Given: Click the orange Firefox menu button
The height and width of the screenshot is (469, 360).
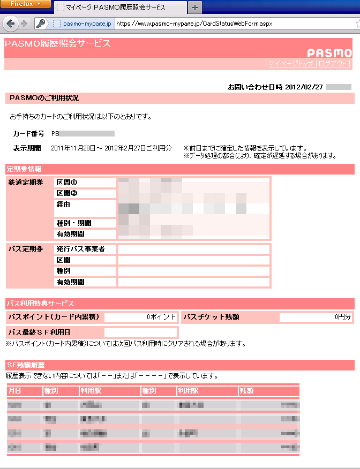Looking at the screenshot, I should click(26, 4).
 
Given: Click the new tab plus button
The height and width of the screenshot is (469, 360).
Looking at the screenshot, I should click(194, 7).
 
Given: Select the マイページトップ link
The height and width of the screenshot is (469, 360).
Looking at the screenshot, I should click(290, 64).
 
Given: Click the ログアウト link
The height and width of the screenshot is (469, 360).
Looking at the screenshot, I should click(333, 64).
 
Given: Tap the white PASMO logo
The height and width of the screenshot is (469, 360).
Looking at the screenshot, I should click(329, 53).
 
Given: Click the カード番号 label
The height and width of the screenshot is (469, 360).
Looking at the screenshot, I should click(28, 133).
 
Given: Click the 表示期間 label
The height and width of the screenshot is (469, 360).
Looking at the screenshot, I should click(27, 148).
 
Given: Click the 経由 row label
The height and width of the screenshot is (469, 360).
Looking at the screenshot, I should click(63, 205).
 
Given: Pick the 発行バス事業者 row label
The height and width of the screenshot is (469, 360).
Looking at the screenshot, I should click(80, 249).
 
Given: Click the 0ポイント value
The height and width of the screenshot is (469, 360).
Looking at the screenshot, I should click(161, 317).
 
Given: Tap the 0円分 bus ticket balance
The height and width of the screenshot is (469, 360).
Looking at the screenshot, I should click(343, 317).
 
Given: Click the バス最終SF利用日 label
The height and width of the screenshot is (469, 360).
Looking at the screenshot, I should click(40, 332).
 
